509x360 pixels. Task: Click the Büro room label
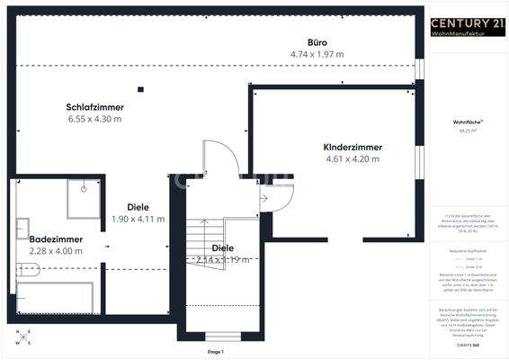(316, 42)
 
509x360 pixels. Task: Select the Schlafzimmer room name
(94, 106)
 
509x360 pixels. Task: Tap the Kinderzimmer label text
(353, 147)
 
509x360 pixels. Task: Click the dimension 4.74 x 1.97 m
(317, 55)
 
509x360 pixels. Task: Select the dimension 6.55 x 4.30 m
(94, 119)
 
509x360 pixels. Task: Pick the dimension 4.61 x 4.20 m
(353, 159)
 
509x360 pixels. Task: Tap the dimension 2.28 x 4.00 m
(56, 251)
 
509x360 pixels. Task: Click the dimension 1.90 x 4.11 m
(138, 219)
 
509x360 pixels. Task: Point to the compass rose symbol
(23, 337)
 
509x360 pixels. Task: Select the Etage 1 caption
(215, 351)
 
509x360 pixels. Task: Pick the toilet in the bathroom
(24, 267)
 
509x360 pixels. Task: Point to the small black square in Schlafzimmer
(140, 88)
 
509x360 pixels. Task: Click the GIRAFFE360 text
(466, 344)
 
